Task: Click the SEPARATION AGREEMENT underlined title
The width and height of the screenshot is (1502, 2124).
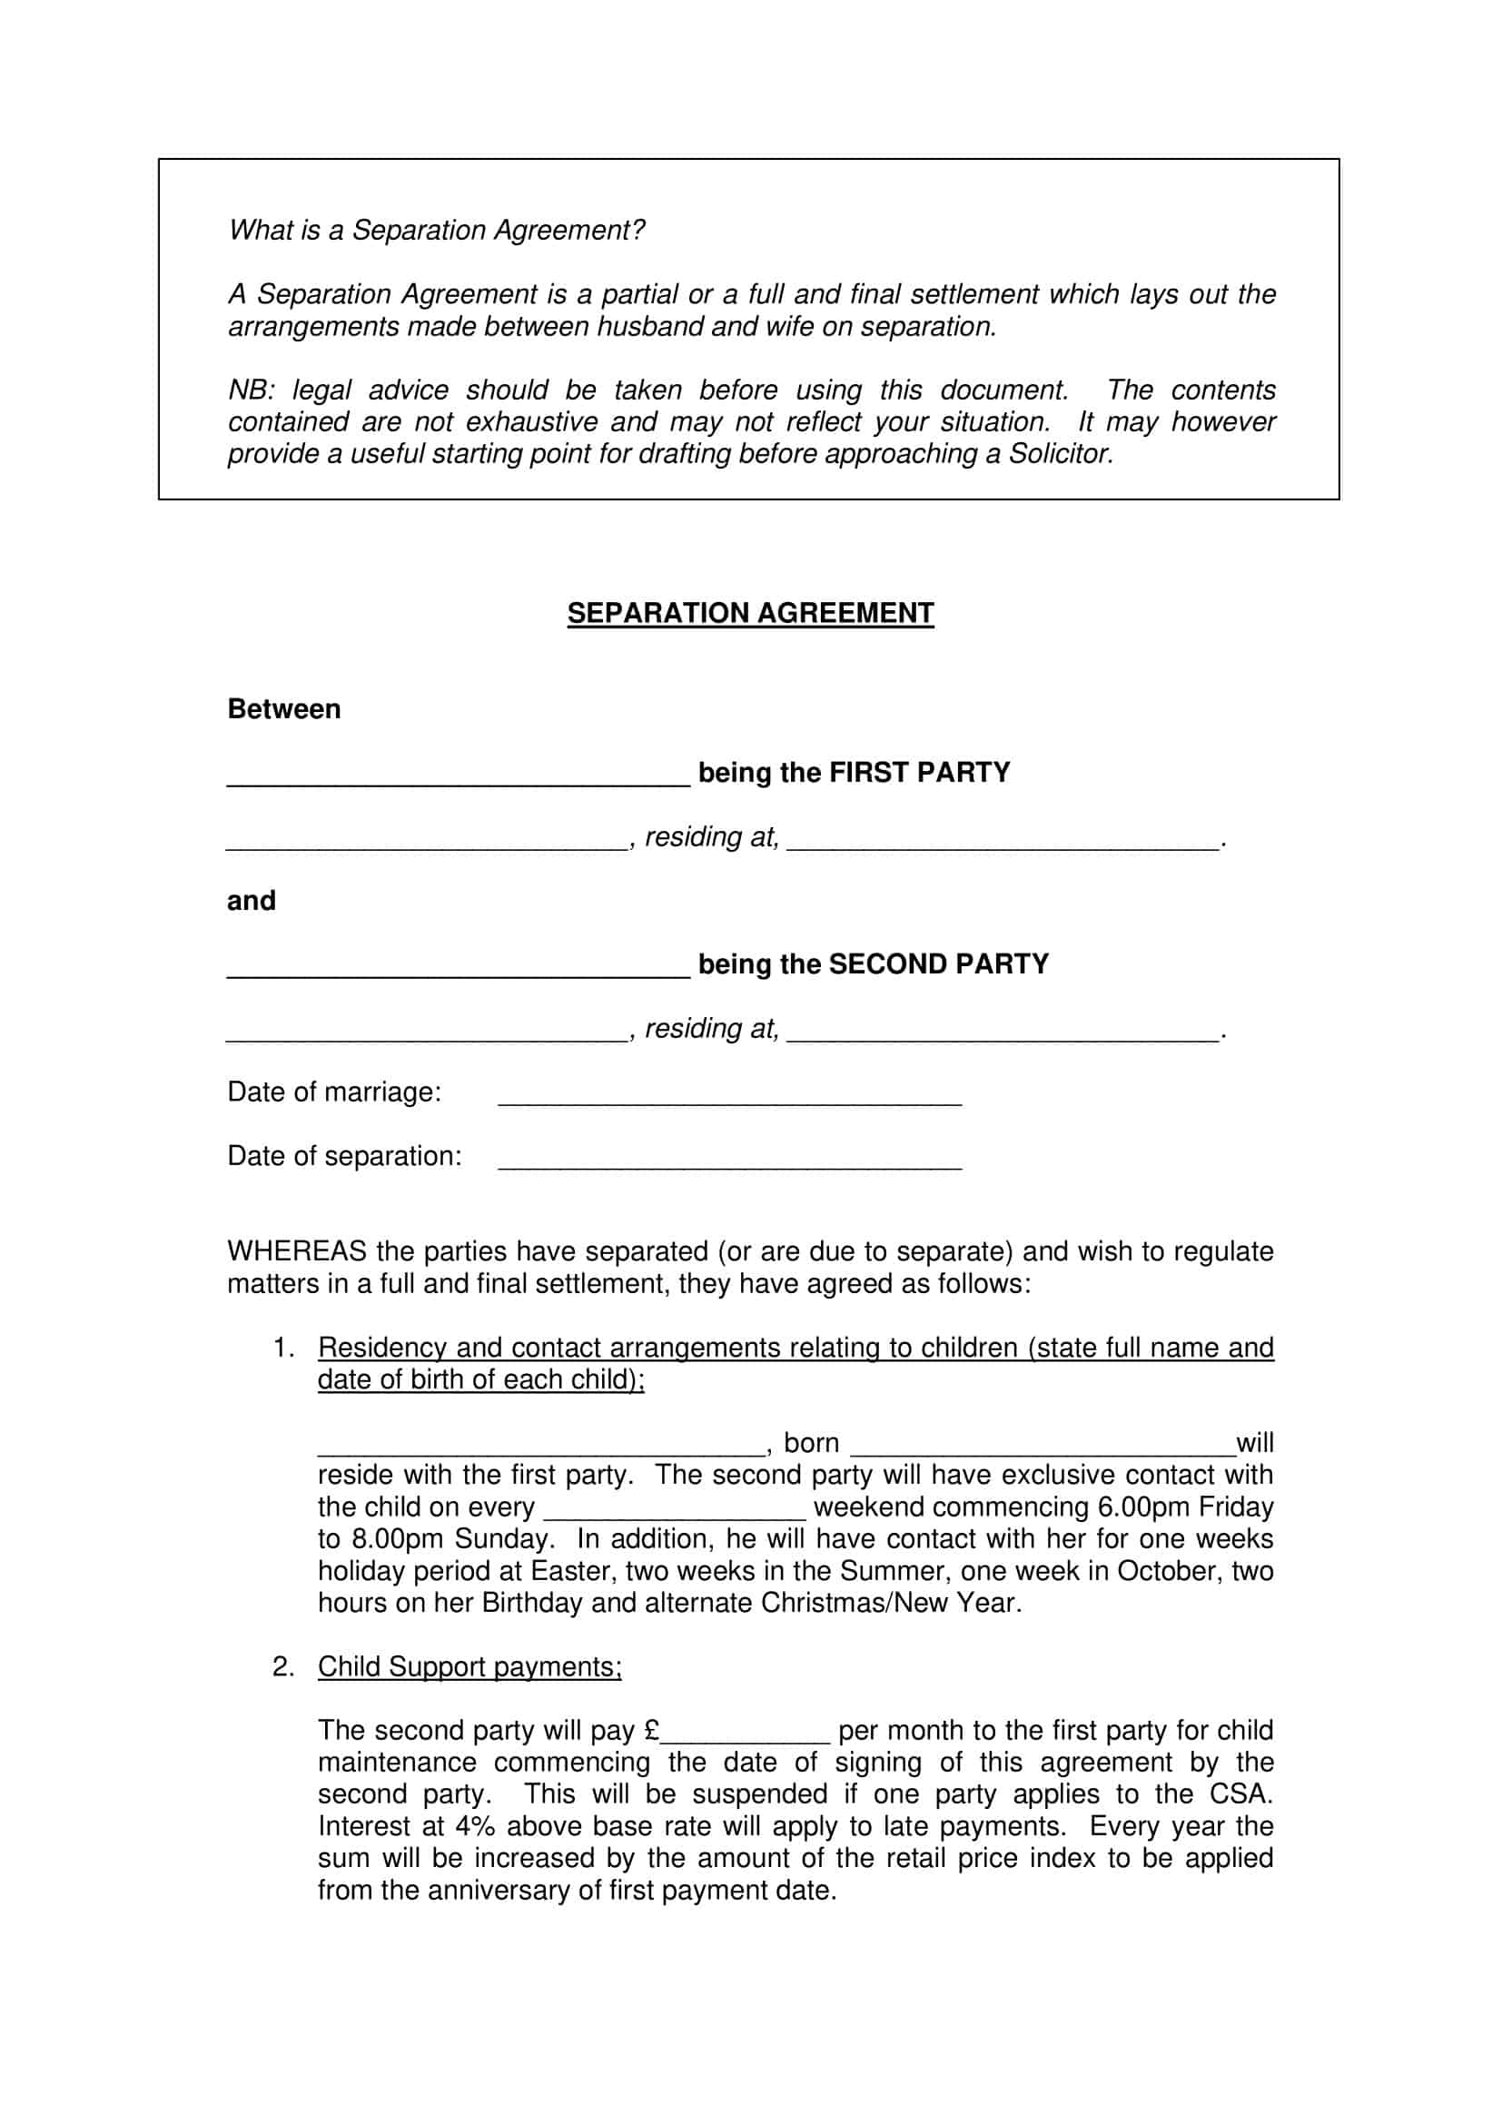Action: [750, 613]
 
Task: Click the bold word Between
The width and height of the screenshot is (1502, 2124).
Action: [284, 708]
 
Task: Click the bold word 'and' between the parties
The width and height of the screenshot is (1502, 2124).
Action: [251, 900]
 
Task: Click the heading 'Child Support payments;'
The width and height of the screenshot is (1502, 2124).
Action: [469, 1666]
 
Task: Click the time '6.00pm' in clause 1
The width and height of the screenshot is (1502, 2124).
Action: [1143, 1507]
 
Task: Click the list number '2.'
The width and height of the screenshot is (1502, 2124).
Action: [283, 1666]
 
